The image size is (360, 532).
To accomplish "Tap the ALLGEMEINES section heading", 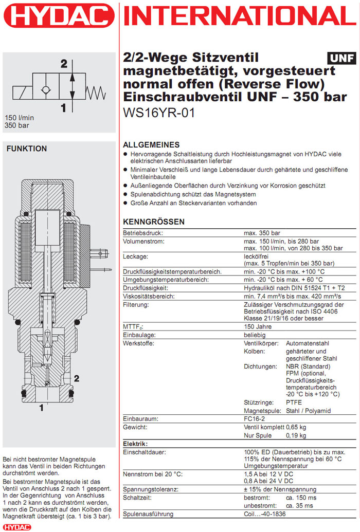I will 152,145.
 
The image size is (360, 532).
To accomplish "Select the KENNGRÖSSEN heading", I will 154,222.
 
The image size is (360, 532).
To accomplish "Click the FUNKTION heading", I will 26,149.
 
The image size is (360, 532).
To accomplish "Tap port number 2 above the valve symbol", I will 64,64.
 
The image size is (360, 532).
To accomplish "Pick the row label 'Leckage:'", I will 135,255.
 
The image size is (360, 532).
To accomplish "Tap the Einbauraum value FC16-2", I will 255,419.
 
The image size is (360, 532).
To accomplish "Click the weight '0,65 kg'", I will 296,427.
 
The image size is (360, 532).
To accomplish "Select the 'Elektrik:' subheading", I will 136,444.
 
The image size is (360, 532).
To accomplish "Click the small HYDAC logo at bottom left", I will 16,527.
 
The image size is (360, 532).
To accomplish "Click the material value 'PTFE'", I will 294,402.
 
